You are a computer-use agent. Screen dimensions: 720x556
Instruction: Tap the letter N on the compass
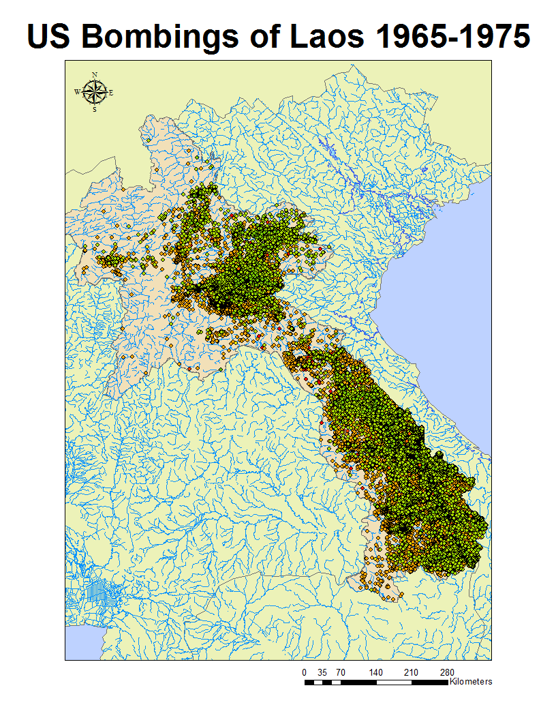[x=95, y=75]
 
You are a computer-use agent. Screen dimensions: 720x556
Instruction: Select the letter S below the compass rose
[x=95, y=109]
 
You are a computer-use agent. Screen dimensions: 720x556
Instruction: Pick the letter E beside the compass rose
[x=112, y=92]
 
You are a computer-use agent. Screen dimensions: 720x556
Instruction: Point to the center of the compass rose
[x=95, y=91]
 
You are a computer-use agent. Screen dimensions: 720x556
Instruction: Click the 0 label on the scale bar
[x=304, y=672]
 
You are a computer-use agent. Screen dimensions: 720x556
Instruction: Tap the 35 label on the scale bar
[x=322, y=672]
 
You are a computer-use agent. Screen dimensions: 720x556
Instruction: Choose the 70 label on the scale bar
[x=340, y=672]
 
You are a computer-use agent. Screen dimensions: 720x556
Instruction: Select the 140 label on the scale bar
[x=376, y=672]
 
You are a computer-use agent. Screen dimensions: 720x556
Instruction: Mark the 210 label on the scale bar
[x=412, y=672]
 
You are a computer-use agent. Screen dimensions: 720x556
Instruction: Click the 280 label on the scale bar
[x=448, y=672]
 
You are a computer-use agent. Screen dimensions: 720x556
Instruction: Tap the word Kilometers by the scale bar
[x=472, y=681]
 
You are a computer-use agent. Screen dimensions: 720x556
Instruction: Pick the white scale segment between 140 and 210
[x=394, y=681]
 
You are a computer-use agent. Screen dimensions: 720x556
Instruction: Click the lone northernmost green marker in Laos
[x=148, y=140]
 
